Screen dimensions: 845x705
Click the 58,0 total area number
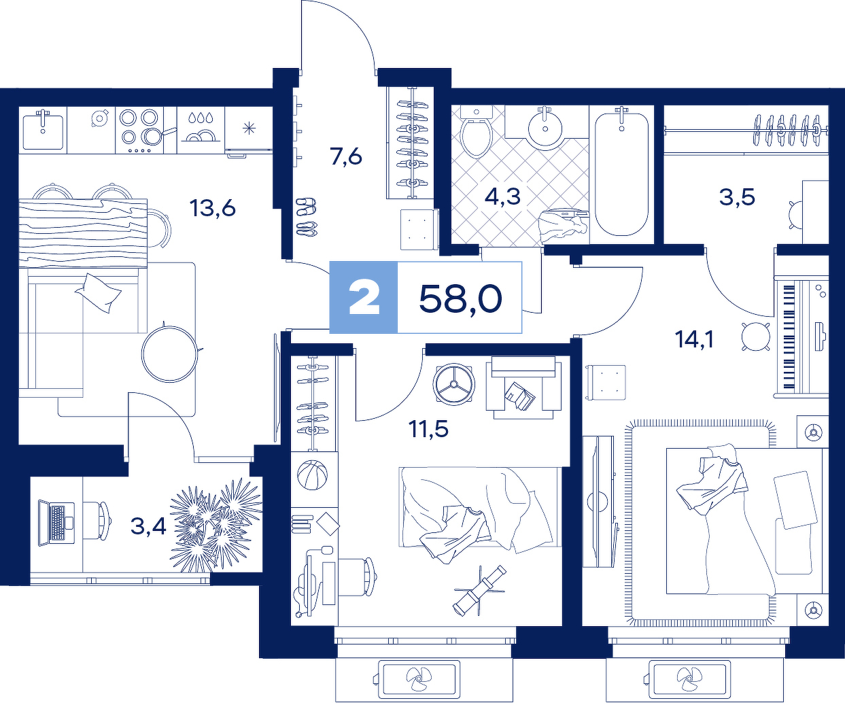[460, 298]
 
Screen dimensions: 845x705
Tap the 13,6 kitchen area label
[213, 209]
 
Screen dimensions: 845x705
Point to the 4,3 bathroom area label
[502, 197]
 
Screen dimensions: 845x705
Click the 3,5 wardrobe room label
[737, 198]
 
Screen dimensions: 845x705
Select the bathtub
[621, 174]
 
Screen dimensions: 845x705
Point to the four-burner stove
[139, 131]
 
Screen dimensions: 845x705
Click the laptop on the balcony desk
[56, 523]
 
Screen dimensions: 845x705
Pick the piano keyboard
[789, 336]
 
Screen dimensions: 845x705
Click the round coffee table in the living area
[169, 354]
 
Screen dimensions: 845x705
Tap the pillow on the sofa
[99, 292]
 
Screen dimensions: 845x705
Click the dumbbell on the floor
[480, 591]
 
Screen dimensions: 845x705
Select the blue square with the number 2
[364, 298]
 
